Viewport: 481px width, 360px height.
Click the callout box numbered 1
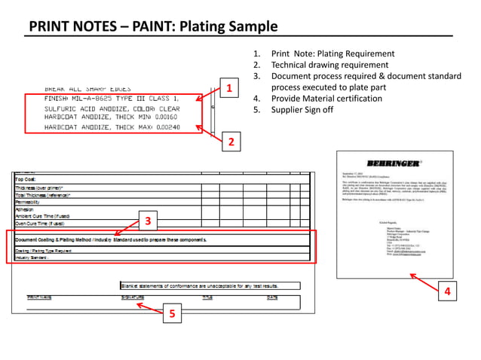[x=227, y=88]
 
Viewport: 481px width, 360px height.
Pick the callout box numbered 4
[x=448, y=291]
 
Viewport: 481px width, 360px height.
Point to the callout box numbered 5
[x=173, y=316]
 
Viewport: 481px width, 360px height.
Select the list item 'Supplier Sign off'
[x=302, y=110]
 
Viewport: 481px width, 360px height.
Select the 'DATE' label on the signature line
[x=271, y=297]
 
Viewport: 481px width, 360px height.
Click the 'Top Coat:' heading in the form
[x=29, y=179]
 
